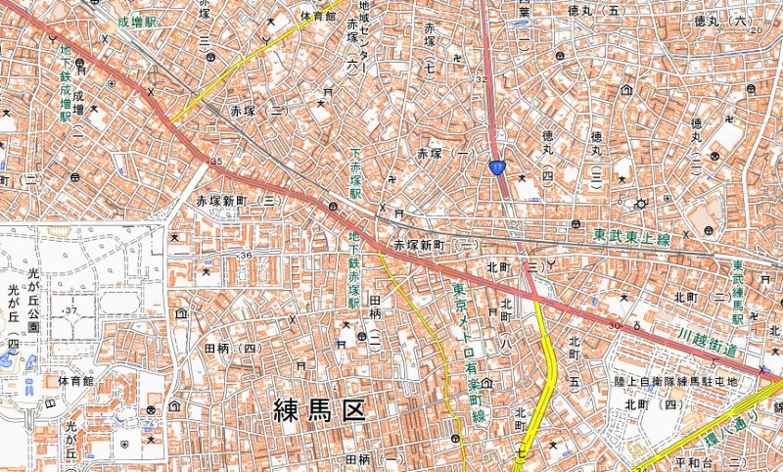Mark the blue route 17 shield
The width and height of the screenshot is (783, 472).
(498, 169)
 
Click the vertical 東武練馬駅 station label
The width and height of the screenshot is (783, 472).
(738, 293)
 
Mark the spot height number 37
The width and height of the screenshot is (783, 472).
(70, 310)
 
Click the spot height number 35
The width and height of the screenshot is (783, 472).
(215, 161)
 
